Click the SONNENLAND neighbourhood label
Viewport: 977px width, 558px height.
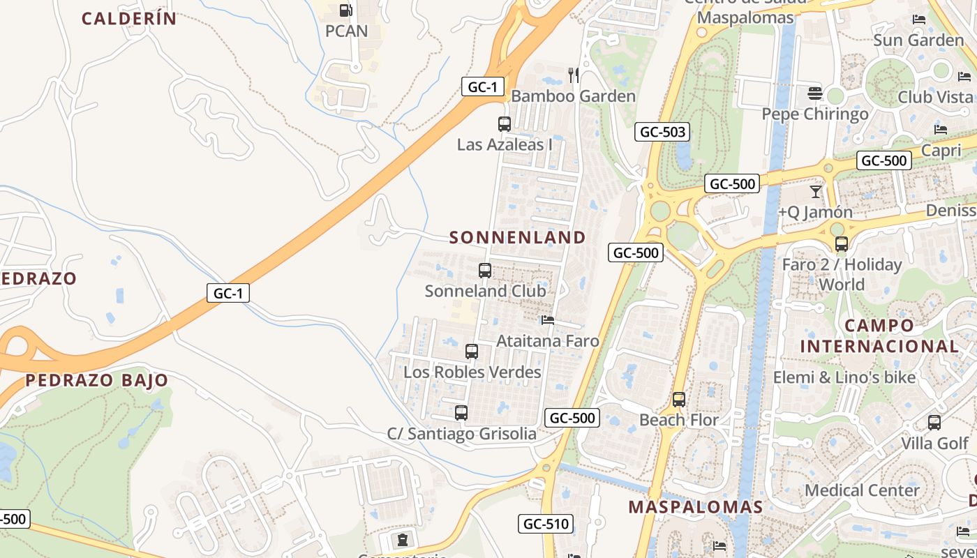[x=517, y=237]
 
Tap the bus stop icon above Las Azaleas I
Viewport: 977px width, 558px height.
[x=504, y=124]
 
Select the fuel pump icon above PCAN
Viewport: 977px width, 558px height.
[x=345, y=10]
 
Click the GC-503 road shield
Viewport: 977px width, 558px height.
[x=662, y=132]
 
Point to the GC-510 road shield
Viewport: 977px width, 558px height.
[x=546, y=524]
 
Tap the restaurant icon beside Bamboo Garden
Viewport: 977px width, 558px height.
[x=574, y=75]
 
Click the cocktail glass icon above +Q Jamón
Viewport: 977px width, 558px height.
[x=815, y=191]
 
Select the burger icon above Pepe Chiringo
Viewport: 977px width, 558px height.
[x=814, y=93]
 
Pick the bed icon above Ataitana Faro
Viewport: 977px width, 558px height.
[x=548, y=320]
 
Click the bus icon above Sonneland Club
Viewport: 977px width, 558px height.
[x=485, y=270]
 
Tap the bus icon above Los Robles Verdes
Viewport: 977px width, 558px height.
[x=472, y=351]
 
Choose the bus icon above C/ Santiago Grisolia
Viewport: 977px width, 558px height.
[x=461, y=412]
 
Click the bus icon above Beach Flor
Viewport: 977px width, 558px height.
[x=678, y=400]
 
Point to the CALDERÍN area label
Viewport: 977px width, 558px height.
[x=129, y=19]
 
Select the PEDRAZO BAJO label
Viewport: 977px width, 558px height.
[x=97, y=380]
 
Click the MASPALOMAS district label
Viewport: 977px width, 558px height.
[x=696, y=507]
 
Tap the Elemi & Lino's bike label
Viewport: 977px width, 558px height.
[x=844, y=377]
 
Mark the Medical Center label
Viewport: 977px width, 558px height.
[x=862, y=490]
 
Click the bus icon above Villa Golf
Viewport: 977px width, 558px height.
[x=934, y=422]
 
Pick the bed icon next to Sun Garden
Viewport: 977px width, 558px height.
[x=919, y=20]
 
